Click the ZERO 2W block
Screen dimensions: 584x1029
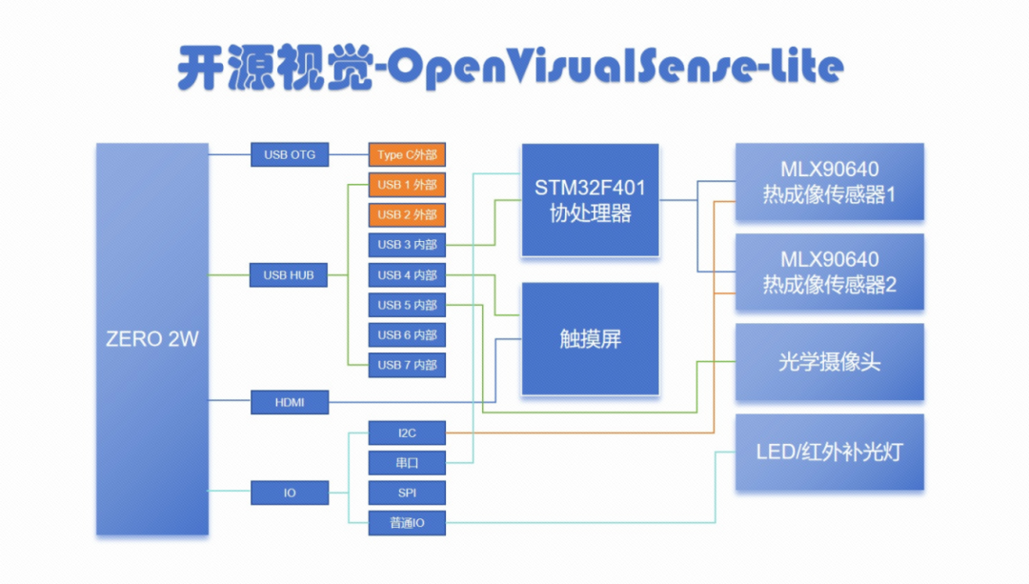point(152,338)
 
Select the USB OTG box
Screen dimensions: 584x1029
point(289,154)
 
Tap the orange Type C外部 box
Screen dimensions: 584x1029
point(407,154)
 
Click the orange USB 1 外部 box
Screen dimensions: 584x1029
point(407,185)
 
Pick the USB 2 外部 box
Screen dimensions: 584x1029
point(407,214)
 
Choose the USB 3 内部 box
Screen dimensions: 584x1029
point(407,245)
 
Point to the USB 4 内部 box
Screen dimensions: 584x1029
point(407,275)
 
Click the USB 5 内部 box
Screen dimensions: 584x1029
point(407,305)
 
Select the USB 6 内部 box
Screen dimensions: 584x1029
point(407,335)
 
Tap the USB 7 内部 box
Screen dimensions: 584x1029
point(407,365)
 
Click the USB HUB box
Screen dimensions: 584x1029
point(289,275)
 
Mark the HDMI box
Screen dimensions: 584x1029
point(289,403)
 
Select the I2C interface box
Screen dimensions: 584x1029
point(407,433)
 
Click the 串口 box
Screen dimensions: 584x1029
point(407,463)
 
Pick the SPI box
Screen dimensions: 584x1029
point(407,493)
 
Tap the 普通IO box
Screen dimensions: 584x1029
point(407,523)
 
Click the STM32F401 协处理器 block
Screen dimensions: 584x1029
point(590,199)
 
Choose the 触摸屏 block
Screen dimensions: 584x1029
point(590,338)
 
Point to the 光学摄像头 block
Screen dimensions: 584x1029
point(829,362)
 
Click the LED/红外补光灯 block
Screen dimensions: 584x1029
point(829,452)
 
